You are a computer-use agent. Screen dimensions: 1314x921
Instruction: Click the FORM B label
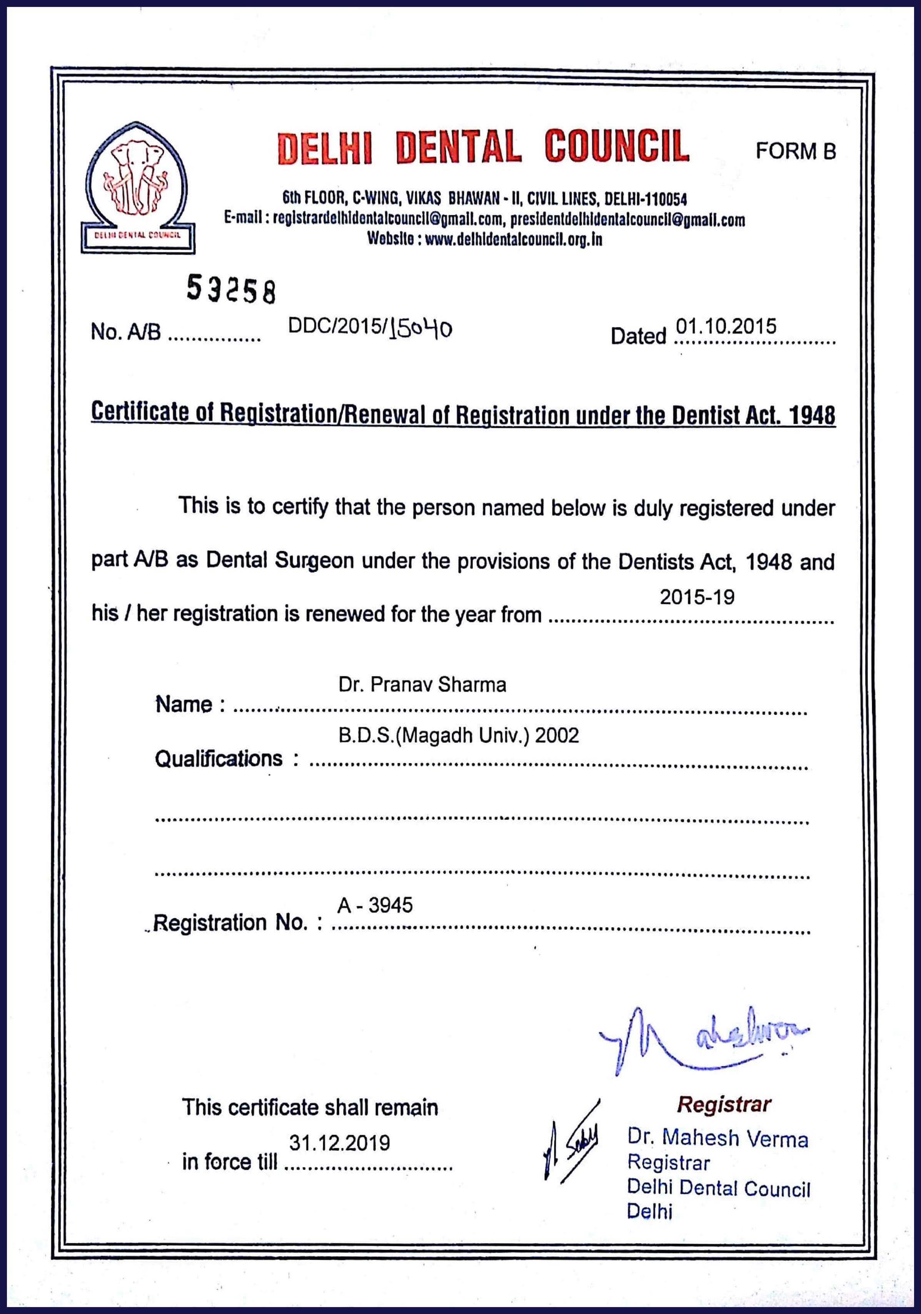(795, 151)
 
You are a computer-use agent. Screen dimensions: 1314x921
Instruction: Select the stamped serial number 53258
(231, 289)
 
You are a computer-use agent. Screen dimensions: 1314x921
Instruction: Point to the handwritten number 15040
(421, 329)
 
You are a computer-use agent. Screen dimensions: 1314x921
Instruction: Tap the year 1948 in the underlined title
(812, 416)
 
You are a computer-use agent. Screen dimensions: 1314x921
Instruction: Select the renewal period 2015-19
(697, 597)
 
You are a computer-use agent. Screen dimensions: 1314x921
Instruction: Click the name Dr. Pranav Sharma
(422, 685)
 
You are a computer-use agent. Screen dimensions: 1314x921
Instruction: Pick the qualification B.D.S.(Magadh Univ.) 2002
(458, 736)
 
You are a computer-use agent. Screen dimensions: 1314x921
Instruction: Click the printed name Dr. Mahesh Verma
(717, 1138)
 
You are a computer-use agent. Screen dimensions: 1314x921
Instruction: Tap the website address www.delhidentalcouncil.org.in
(513, 239)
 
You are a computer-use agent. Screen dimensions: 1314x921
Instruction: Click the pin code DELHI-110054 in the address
(645, 199)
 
